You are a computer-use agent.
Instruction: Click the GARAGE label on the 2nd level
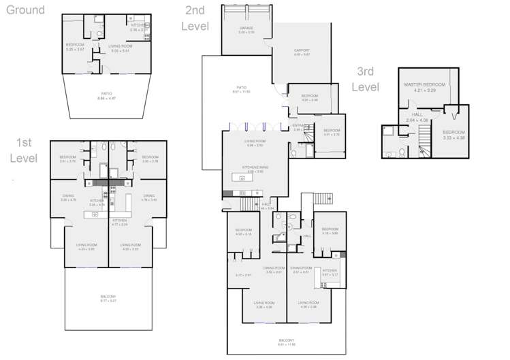pyautogui.click(x=246, y=28)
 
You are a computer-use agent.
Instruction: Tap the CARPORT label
pyautogui.click(x=302, y=50)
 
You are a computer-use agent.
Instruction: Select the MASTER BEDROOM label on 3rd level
pyautogui.click(x=424, y=85)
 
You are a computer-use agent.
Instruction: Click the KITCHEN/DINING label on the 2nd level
pyautogui.click(x=255, y=167)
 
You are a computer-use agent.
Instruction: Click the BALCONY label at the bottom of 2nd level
pyautogui.click(x=287, y=340)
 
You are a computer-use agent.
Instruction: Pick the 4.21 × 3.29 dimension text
pyautogui.click(x=424, y=90)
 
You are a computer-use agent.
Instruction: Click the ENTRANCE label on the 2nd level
pyautogui.click(x=298, y=125)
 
